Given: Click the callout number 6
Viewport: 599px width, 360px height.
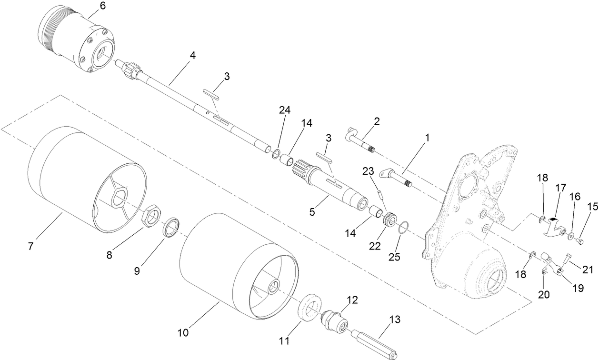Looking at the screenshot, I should pyautogui.click(x=102, y=6).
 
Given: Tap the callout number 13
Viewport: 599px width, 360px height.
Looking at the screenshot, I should pyautogui.click(x=395, y=319).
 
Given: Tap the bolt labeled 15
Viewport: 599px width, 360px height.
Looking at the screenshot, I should pyautogui.click(x=578, y=242).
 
